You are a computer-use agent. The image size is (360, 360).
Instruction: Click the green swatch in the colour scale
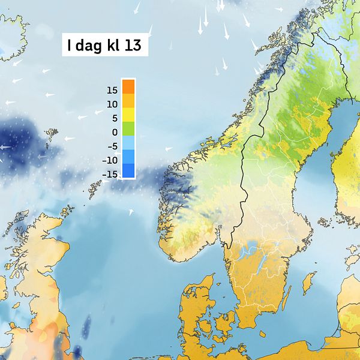point(128,128)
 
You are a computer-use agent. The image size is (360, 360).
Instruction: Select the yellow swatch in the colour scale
point(128,115)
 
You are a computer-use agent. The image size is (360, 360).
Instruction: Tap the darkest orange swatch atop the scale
point(128,87)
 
